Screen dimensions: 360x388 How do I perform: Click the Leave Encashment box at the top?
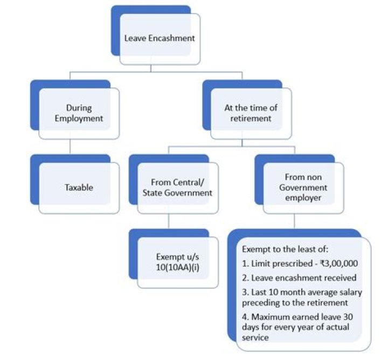click(160, 38)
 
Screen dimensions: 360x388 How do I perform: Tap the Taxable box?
click(79, 188)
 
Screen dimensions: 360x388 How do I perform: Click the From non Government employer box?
click(306, 188)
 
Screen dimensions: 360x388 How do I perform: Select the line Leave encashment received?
click(299, 278)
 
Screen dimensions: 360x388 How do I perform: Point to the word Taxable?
click(79, 188)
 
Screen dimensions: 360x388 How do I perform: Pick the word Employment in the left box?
click(79, 119)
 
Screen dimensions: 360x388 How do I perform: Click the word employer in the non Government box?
click(306, 198)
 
